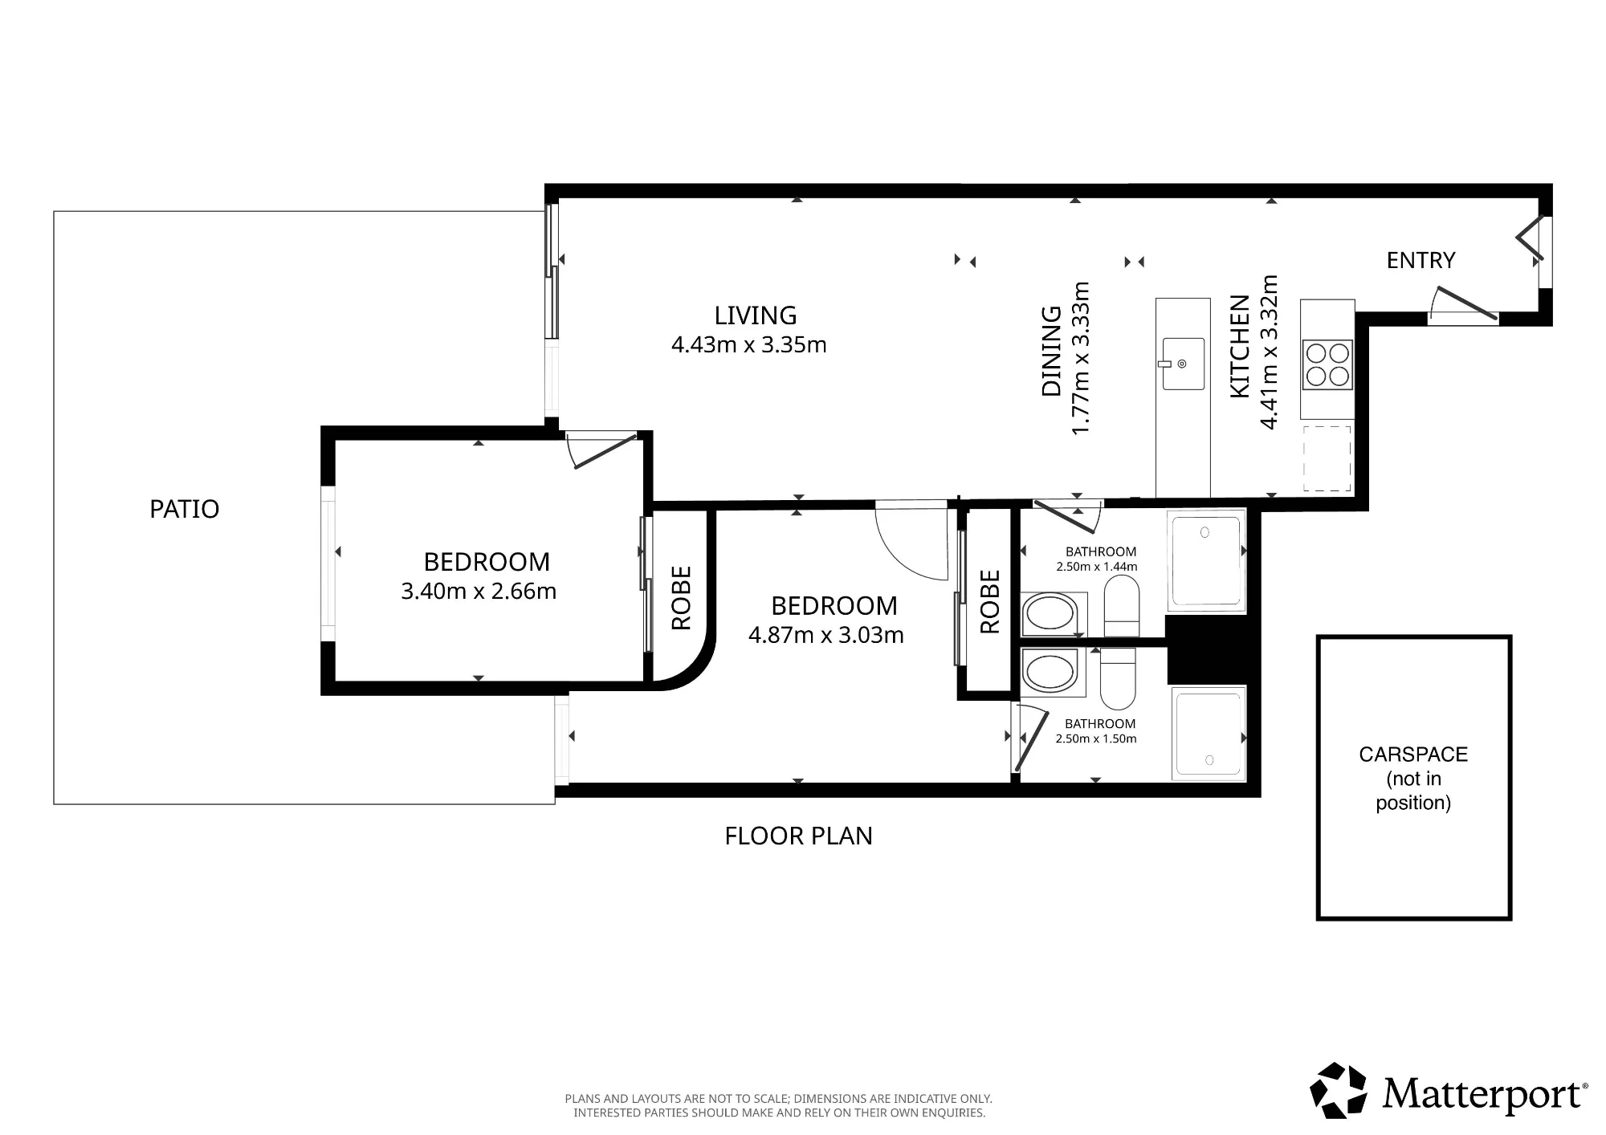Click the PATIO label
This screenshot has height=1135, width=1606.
pos(184,509)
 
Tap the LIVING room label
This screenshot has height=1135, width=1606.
pos(756,315)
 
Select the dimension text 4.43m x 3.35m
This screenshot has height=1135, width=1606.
pos(749,345)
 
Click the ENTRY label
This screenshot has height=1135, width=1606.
pos(1421,260)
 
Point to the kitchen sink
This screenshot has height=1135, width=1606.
pos(1184,364)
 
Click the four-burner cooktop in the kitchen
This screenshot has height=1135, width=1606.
pos(1327,364)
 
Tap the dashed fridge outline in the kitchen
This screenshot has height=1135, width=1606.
pos(1327,458)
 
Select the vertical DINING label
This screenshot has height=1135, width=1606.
pos(1050,352)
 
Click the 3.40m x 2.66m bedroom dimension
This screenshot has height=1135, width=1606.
pos(479,592)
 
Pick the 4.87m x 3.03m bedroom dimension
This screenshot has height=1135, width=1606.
pos(826,636)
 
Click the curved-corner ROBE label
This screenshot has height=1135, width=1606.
pos(681,598)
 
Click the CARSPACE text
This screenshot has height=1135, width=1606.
pos(1413,755)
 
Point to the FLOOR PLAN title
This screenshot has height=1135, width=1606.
pos(798,836)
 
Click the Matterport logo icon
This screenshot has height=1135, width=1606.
pos(1339,1090)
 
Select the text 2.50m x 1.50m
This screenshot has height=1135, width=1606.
pos(1096,739)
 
